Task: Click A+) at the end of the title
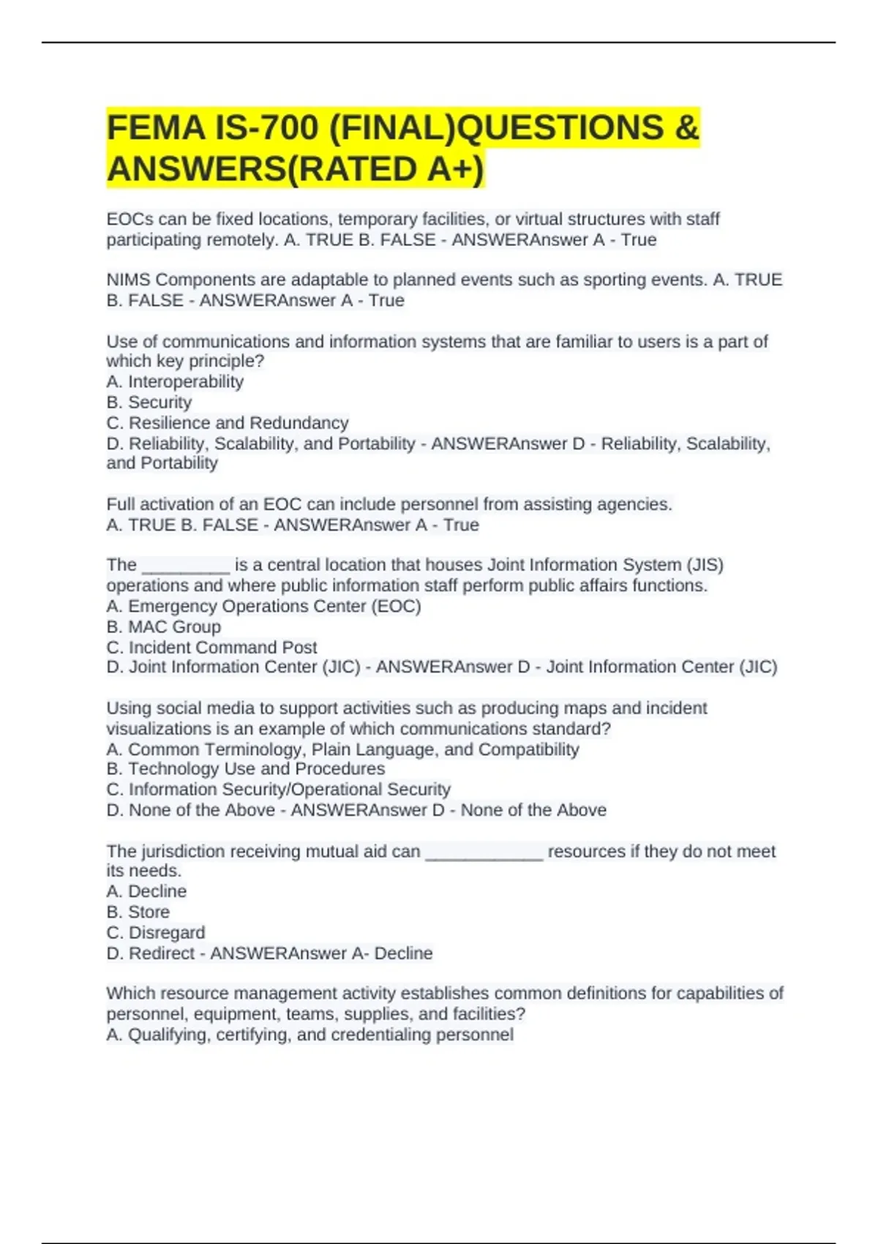pos(456,169)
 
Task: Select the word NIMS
pos(128,280)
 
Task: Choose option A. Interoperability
pos(175,382)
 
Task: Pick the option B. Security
pos(149,402)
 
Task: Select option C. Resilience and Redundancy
pos(228,423)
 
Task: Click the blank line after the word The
pos(186,566)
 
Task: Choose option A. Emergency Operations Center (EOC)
pos(263,607)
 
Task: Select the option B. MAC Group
pos(164,627)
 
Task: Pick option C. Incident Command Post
pos(211,648)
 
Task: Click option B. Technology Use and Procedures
pos(246,769)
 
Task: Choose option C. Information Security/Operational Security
pos(278,790)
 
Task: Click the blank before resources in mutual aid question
pos(484,853)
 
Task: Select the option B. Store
pos(138,913)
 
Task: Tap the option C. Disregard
pos(156,933)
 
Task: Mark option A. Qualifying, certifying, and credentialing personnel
pos(309,1035)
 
